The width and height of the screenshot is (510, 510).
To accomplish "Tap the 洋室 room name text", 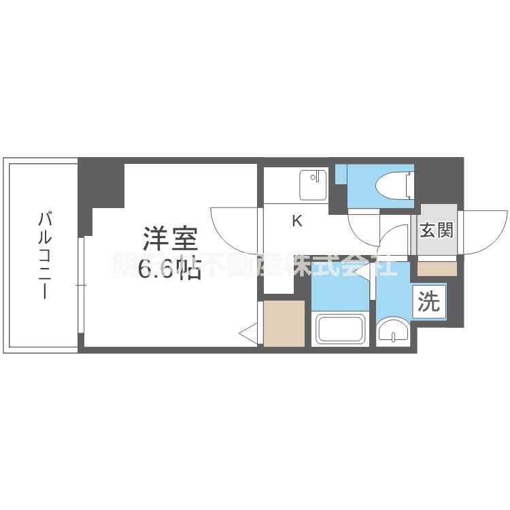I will click(x=170, y=239).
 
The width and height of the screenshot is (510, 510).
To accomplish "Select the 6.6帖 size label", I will click(x=170, y=270).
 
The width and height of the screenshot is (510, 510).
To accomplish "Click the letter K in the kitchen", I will click(x=297, y=220).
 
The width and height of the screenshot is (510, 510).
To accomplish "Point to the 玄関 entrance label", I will click(x=436, y=231).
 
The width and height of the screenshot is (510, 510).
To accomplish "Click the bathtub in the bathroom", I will click(x=341, y=331).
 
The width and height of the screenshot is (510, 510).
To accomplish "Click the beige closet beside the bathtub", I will click(x=284, y=324).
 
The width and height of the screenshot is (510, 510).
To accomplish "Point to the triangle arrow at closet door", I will click(x=248, y=333).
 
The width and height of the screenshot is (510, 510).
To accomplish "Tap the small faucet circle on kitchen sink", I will click(x=313, y=178).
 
